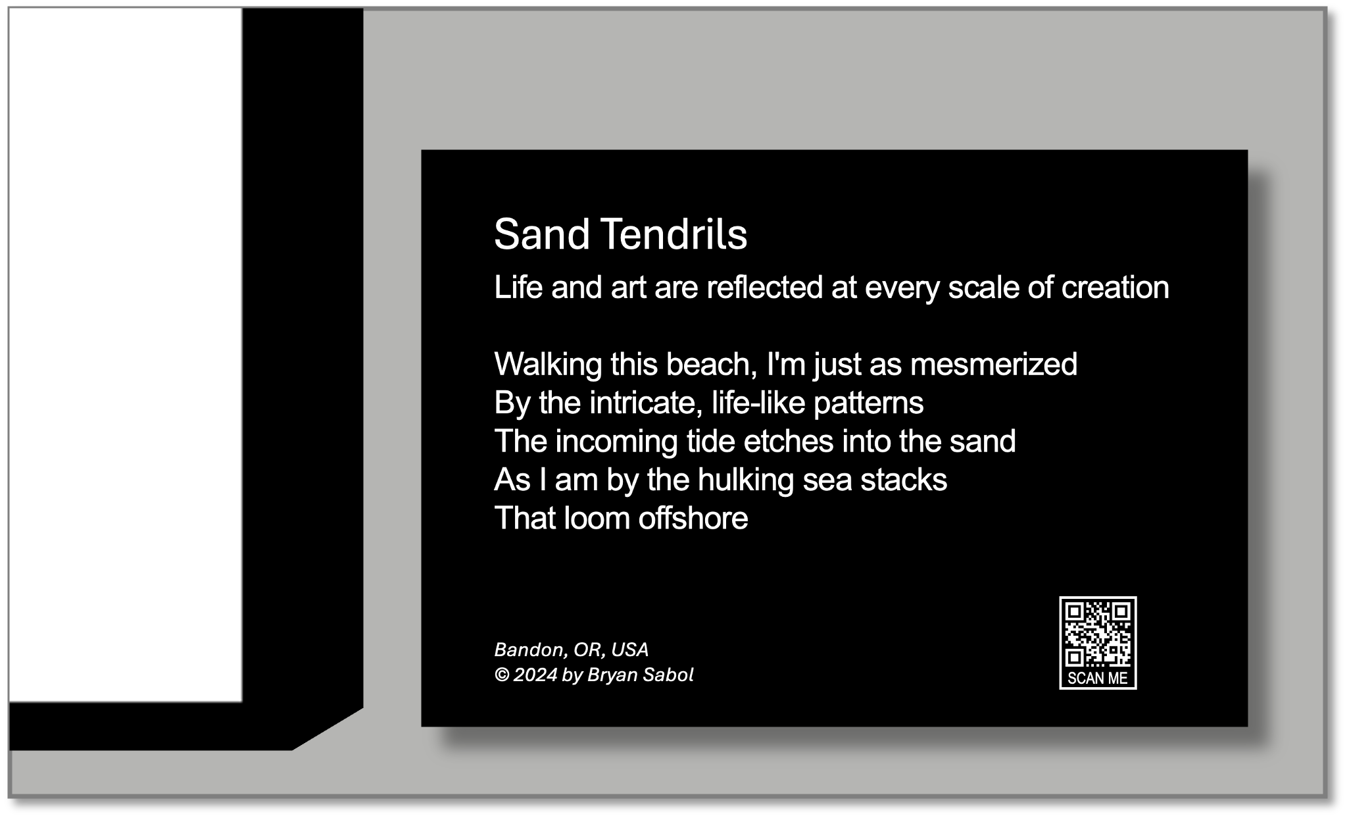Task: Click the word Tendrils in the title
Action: pyautogui.click(x=674, y=234)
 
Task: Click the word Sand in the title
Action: pyautogui.click(x=542, y=234)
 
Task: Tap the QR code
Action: pyautogui.click(x=1098, y=633)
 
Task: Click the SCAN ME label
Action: pyautogui.click(x=1098, y=678)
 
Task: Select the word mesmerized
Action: pyautogui.click(x=993, y=364)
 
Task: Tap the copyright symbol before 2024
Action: pyautogui.click(x=502, y=675)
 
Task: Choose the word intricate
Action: pyautogui.click(x=646, y=403)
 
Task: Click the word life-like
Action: pyautogui.click(x=758, y=403)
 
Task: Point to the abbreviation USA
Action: pyautogui.click(x=629, y=650)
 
